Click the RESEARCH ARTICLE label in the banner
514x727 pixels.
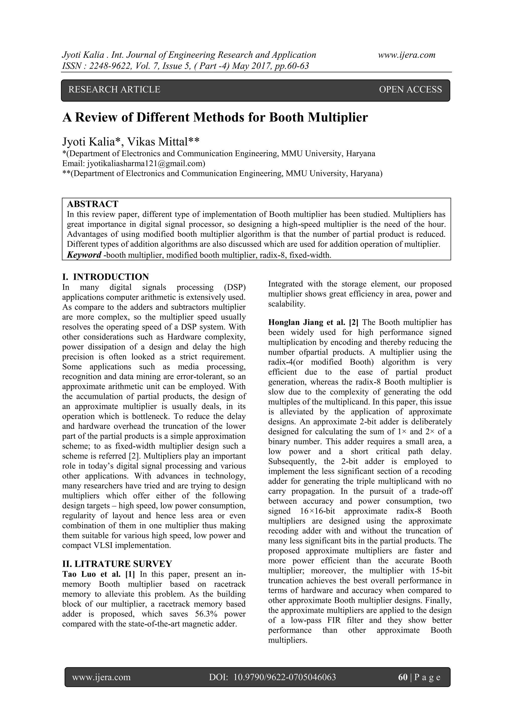pos(114,90)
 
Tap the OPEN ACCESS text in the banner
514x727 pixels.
pos(410,90)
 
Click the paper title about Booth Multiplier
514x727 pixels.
pos(215,117)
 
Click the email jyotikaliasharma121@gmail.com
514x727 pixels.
pos(145,164)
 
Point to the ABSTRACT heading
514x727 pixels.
pos(92,204)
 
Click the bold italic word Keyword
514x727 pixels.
pos(84,255)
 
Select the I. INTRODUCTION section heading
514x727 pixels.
pos(105,277)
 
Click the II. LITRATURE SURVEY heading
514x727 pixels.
pos(117,564)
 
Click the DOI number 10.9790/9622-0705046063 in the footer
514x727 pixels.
pos(284,677)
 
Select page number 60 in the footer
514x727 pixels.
pos(403,677)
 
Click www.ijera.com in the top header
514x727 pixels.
pos(407,55)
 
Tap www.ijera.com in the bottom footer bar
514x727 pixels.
pos(101,677)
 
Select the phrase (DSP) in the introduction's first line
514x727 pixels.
pos(234,288)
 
